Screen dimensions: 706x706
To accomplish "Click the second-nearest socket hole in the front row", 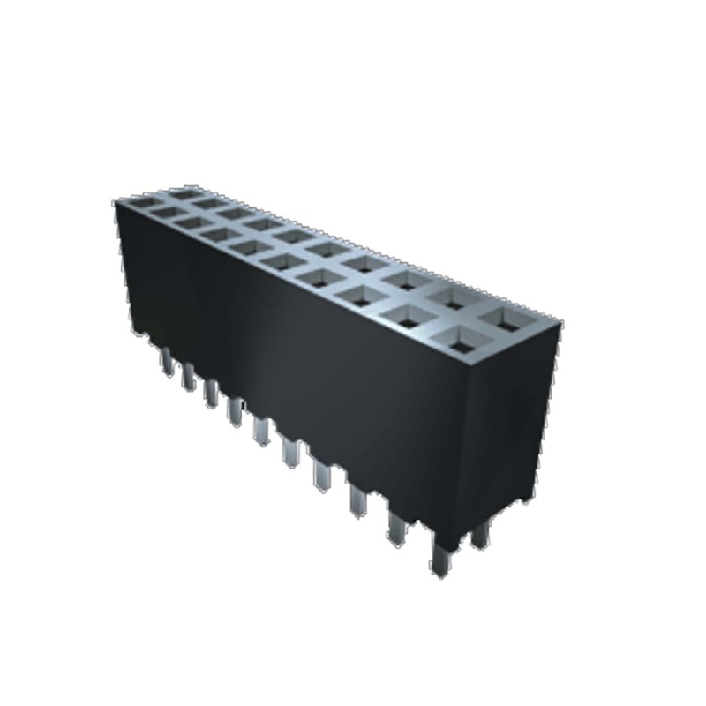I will point(409,319).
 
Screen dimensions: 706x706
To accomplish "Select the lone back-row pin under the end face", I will point(481,535).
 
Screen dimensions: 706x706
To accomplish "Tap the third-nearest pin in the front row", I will point(358,499).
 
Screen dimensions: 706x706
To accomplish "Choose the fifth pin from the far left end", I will point(261,431).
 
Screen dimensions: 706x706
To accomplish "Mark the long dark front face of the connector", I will point(300,353).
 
